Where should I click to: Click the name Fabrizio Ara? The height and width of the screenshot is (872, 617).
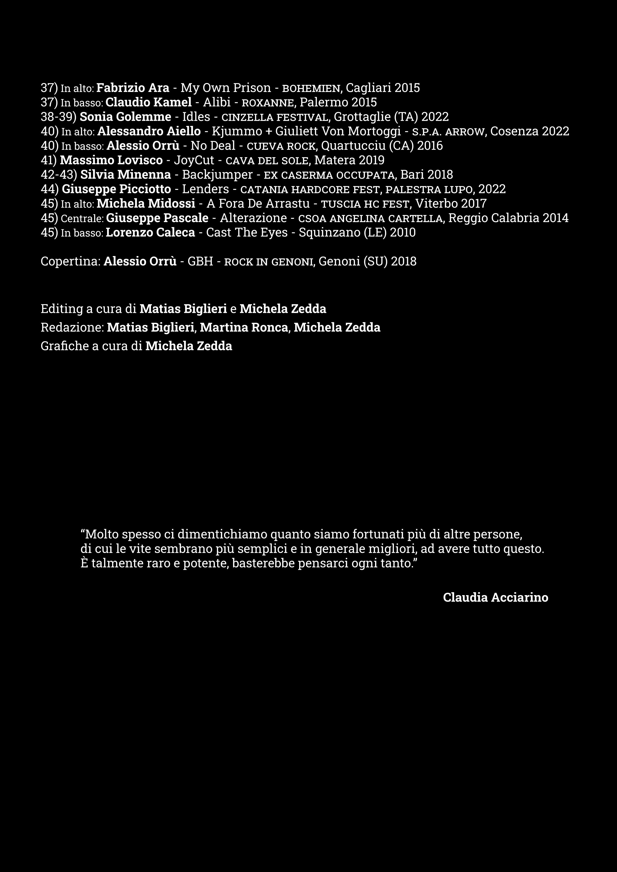[x=133, y=88]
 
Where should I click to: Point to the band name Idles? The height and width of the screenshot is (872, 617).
[x=196, y=116]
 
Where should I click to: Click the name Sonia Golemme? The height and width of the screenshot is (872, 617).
[x=125, y=116]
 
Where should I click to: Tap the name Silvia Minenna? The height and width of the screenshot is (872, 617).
[x=126, y=175]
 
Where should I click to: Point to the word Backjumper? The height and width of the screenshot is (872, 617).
[x=217, y=175]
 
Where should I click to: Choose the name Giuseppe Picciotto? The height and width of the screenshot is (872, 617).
[x=116, y=189]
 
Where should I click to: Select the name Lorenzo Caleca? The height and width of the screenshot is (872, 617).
[x=150, y=233]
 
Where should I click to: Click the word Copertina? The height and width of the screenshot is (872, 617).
[x=71, y=262]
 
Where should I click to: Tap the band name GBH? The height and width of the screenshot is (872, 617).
[x=201, y=262]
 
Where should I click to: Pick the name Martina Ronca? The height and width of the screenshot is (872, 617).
[x=244, y=327]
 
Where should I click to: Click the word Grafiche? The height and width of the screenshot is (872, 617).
[x=65, y=346]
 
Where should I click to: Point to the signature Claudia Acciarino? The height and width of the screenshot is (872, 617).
[x=496, y=597]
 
